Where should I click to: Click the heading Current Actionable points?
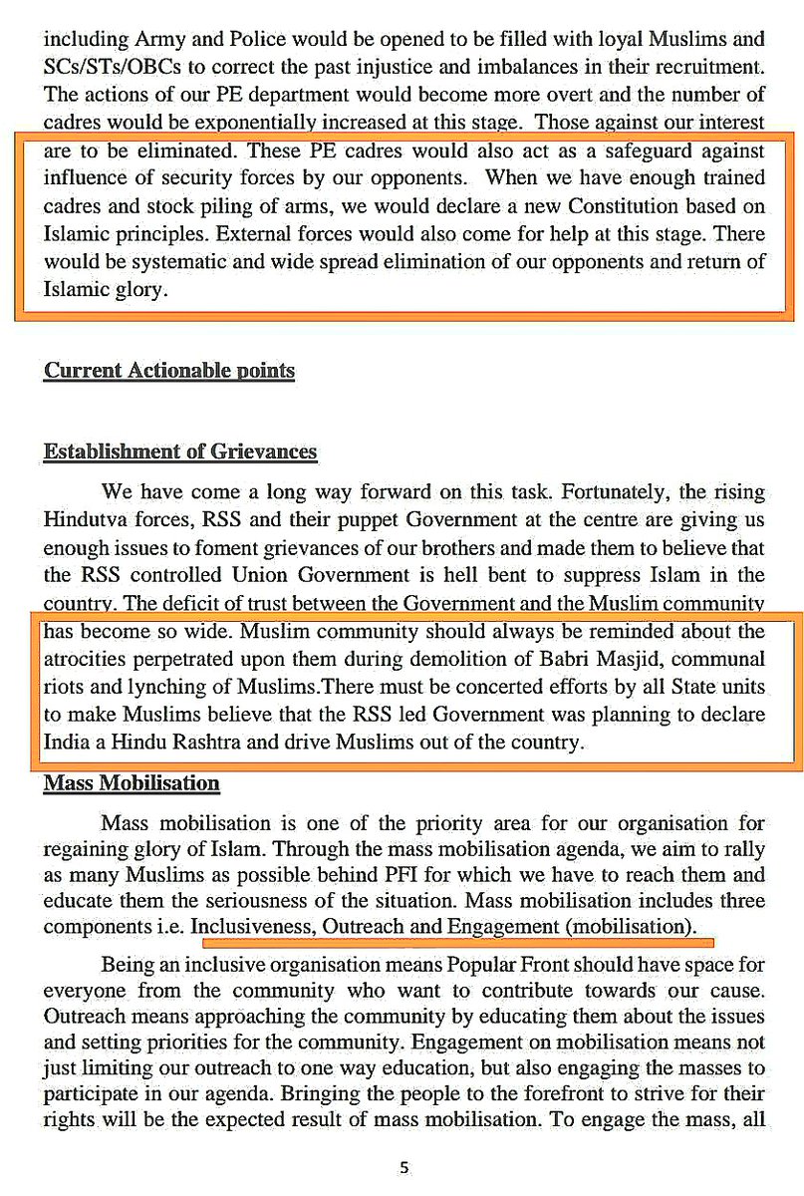click(x=169, y=371)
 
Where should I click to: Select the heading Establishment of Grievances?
click(x=180, y=451)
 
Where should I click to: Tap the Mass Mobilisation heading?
click(x=132, y=783)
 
